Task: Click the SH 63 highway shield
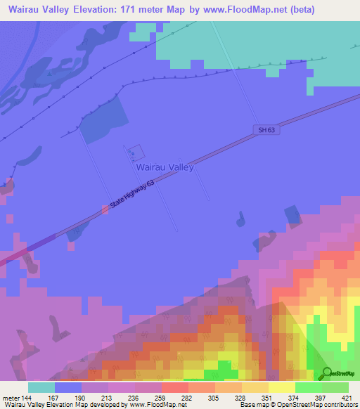pos(262,129)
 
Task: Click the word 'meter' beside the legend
pos(10,397)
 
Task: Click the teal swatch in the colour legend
pos(41,387)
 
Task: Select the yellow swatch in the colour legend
pos(281,387)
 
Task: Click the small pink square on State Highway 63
pos(105,209)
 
